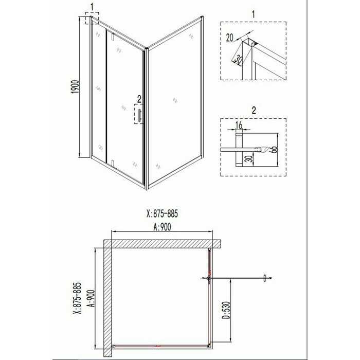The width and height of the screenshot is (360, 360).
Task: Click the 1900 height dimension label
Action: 76,87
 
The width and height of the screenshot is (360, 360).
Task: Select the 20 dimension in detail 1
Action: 229,38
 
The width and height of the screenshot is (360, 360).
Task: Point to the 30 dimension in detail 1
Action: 238,60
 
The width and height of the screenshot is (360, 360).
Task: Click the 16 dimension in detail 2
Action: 239,125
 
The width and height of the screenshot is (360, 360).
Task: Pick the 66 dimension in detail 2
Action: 274,150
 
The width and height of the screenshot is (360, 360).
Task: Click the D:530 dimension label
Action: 226,310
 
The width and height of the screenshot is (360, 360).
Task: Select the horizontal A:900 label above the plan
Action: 162,227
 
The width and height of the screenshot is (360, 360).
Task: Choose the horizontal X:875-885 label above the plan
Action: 162,213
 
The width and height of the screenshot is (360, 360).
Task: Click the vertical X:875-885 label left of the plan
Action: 77,298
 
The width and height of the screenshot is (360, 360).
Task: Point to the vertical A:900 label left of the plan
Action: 91,298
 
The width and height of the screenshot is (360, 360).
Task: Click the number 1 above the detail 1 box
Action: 253,14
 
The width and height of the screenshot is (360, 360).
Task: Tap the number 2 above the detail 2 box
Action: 254,111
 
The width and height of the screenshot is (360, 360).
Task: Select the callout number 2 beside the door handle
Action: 139,99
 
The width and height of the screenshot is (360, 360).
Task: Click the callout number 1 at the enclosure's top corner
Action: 92,7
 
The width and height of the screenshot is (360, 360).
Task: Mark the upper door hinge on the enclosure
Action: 113,36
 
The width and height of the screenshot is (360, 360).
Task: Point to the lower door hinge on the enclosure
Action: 112,163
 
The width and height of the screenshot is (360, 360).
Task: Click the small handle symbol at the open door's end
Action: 264,278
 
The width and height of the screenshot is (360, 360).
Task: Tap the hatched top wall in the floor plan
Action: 162,244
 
